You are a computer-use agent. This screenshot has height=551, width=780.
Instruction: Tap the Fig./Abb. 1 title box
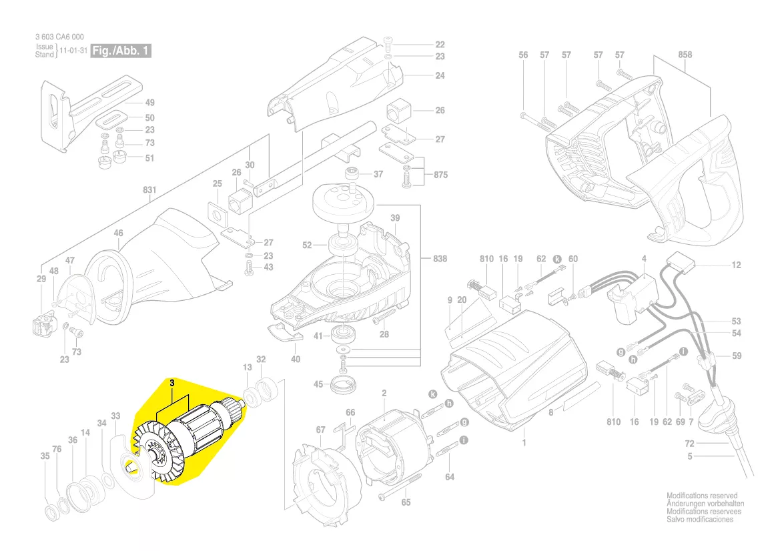(122, 51)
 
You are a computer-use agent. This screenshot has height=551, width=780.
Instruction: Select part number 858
(685, 55)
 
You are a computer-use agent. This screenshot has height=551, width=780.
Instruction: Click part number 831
(149, 190)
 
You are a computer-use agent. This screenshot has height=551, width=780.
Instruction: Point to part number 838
(440, 258)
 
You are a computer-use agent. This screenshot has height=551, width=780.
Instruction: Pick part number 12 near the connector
(736, 265)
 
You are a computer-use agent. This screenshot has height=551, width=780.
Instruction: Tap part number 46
(118, 233)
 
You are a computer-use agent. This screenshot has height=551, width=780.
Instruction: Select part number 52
(307, 245)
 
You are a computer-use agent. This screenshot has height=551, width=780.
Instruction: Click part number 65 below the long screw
(406, 502)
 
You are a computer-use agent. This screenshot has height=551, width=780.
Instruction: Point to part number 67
(320, 429)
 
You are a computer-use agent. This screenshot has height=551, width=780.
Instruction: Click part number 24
(440, 75)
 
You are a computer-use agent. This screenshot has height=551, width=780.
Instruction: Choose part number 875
(440, 175)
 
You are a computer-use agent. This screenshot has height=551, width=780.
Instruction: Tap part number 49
(149, 103)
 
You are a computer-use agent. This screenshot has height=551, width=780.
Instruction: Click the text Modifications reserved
(702, 496)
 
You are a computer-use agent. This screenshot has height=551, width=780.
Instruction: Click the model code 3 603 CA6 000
(59, 37)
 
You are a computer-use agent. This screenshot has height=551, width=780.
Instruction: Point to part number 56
(523, 55)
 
